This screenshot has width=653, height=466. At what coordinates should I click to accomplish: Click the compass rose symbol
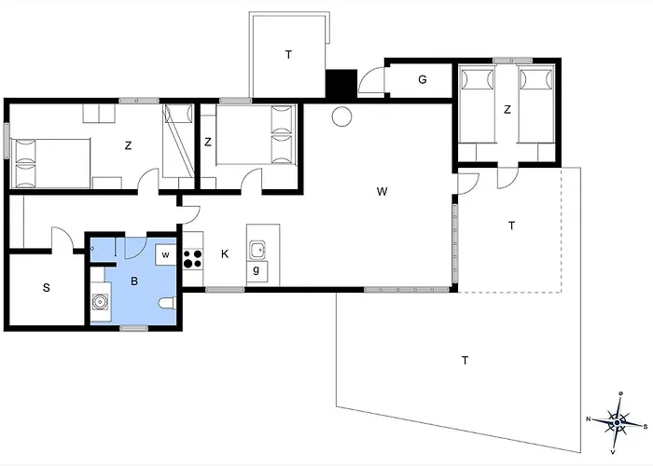point(618,422)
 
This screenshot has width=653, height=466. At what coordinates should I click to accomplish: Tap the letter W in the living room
point(382,191)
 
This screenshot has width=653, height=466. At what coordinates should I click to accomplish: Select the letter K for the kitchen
point(225,254)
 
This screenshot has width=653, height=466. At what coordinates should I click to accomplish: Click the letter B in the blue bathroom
point(134,281)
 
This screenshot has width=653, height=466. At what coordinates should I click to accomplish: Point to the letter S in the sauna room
point(47,287)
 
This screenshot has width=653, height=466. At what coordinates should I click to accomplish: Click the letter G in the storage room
point(423,79)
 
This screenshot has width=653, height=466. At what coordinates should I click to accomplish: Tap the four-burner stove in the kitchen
point(193,258)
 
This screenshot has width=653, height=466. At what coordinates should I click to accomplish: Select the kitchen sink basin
point(257,250)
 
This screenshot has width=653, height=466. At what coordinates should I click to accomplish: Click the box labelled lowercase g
point(257,271)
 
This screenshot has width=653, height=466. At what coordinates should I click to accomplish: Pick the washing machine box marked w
point(165,254)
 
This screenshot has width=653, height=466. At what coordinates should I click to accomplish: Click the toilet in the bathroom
point(167,303)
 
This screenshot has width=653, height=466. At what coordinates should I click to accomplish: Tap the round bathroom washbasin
point(100,302)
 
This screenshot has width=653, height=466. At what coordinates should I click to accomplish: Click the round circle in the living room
point(342,116)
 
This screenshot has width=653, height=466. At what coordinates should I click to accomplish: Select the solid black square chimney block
point(341,84)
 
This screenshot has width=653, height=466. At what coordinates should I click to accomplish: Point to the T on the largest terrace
point(465,360)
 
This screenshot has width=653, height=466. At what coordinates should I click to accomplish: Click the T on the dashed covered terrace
point(511,226)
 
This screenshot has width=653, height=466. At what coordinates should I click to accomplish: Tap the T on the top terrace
point(288,54)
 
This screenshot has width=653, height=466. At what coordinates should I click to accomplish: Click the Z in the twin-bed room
point(507,109)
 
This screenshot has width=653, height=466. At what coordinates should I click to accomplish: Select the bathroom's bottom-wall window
point(133,328)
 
